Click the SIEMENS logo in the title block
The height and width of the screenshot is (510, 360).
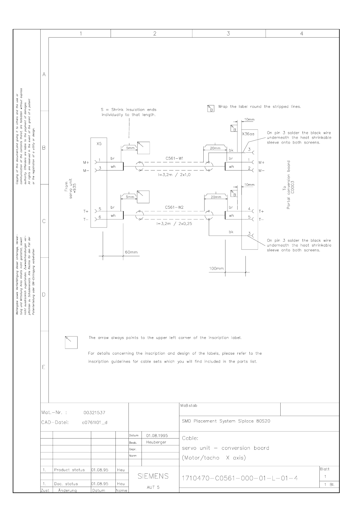153,476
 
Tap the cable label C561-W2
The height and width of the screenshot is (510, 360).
174,207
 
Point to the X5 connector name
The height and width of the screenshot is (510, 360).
99,144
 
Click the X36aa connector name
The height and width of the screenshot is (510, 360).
248,134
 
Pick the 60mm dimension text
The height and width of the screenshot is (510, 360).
131,252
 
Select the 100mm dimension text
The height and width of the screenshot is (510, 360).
216,268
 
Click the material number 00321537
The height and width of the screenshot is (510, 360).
94,412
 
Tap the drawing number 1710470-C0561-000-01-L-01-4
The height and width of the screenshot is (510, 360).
240,478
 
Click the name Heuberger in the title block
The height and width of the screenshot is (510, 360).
156,442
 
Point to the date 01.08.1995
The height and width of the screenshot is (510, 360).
157,435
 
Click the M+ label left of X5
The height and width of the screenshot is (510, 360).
86,162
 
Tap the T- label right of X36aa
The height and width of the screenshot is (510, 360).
261,219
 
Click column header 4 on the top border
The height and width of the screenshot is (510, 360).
302,34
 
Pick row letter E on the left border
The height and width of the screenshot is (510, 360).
44,367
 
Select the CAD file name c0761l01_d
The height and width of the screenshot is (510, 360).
95,422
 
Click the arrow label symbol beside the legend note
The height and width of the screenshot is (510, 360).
71,342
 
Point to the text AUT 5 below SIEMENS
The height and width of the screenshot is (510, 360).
153,487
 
